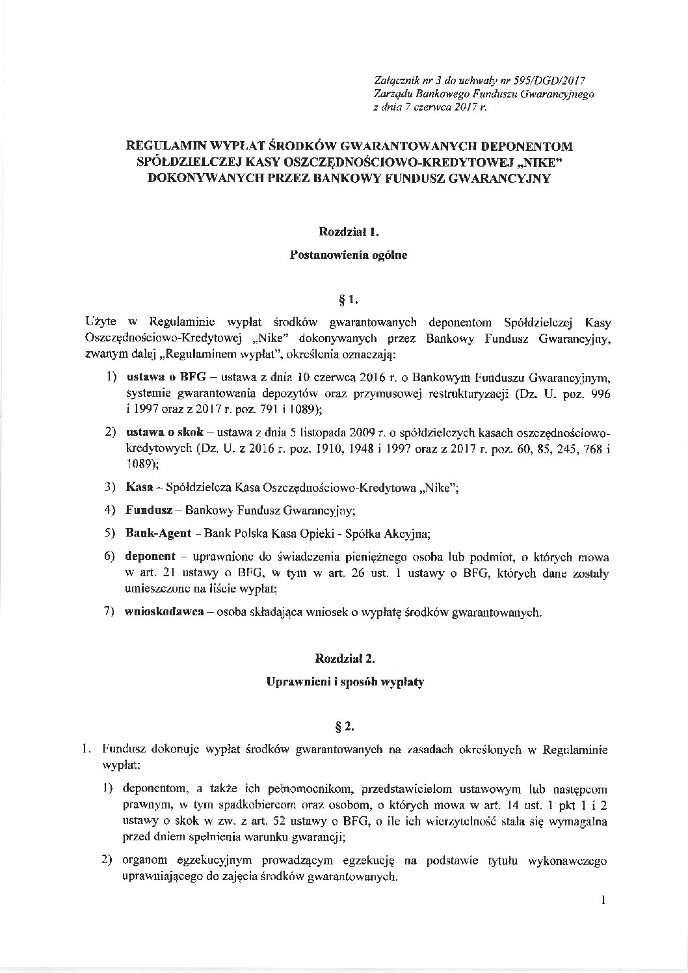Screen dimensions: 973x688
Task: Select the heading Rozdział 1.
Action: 344,230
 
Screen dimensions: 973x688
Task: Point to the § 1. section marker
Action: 344,299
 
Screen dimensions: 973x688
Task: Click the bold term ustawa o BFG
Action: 156,377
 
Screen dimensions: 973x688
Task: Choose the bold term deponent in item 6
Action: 148,557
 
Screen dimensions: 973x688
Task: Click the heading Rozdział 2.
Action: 344,658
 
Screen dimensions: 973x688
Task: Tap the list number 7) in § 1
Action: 110,612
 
